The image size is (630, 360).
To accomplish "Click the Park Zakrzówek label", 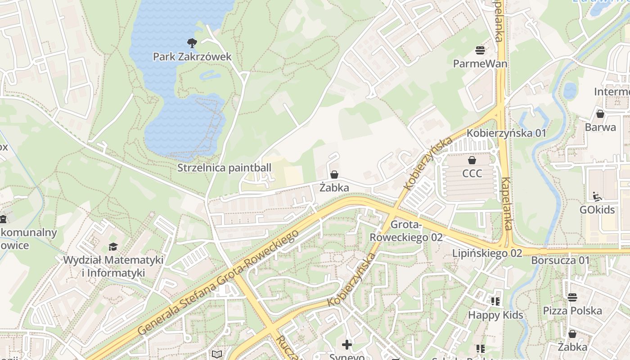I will pyautogui.click(x=192, y=57).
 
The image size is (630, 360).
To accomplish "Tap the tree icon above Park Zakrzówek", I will pyautogui.click(x=192, y=43).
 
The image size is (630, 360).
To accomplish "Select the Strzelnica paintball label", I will pyautogui.click(x=224, y=168).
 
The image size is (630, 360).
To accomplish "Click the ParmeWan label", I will pyautogui.click(x=480, y=63).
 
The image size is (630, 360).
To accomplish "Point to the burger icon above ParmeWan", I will pyautogui.click(x=480, y=49).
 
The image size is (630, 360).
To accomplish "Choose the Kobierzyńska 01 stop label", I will pyautogui.click(x=506, y=133).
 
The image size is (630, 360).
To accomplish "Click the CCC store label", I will pyautogui.click(x=472, y=173).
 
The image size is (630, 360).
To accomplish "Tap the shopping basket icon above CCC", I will pyautogui.click(x=472, y=160).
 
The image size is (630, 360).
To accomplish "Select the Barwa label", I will pyautogui.click(x=600, y=127).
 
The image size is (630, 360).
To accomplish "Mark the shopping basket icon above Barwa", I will pyautogui.click(x=600, y=113).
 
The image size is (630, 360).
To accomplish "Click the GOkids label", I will pyautogui.click(x=597, y=210).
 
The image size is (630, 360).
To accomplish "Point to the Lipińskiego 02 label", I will pyautogui.click(x=487, y=253).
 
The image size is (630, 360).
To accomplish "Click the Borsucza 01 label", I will pyautogui.click(x=560, y=260).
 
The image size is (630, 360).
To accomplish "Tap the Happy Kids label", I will pyautogui.click(x=495, y=315).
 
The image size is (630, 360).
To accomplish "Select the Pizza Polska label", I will pyautogui.click(x=572, y=310).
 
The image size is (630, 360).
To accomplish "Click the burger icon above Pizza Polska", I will pyautogui.click(x=572, y=297).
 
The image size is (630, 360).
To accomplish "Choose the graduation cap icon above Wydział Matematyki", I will pyautogui.click(x=113, y=247).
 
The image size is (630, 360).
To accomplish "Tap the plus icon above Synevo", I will pyautogui.click(x=346, y=345).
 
